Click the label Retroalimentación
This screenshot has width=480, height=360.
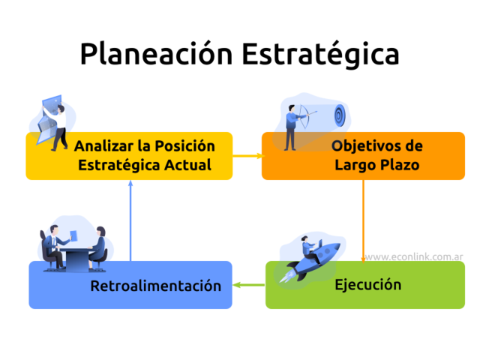155,286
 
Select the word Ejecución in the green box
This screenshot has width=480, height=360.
367,285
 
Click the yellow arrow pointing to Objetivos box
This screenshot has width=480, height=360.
247,155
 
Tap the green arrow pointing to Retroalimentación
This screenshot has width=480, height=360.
247,285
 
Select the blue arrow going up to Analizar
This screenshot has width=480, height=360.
131,221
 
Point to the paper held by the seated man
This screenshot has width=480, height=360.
73,236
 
